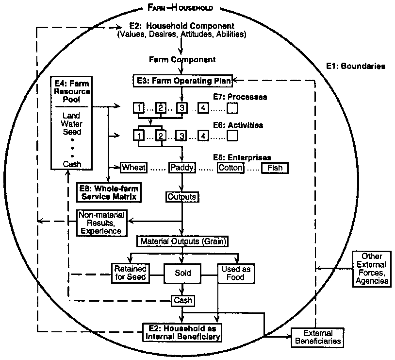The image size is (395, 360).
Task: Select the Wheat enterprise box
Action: [133, 168]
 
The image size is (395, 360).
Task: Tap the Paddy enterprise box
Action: [181, 168]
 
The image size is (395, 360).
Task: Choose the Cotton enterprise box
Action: [230, 168]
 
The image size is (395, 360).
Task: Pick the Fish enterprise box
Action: [275, 168]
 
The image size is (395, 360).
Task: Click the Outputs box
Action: [181, 197]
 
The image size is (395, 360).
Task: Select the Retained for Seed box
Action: [130, 273]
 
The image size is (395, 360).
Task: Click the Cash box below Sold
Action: [182, 301]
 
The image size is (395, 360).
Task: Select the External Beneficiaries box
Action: [317, 338]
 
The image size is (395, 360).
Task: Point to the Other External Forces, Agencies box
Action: [371, 268]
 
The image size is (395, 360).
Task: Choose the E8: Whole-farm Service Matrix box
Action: [110, 192]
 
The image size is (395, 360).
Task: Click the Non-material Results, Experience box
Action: [101, 223]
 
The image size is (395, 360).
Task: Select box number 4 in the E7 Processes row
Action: [203, 107]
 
